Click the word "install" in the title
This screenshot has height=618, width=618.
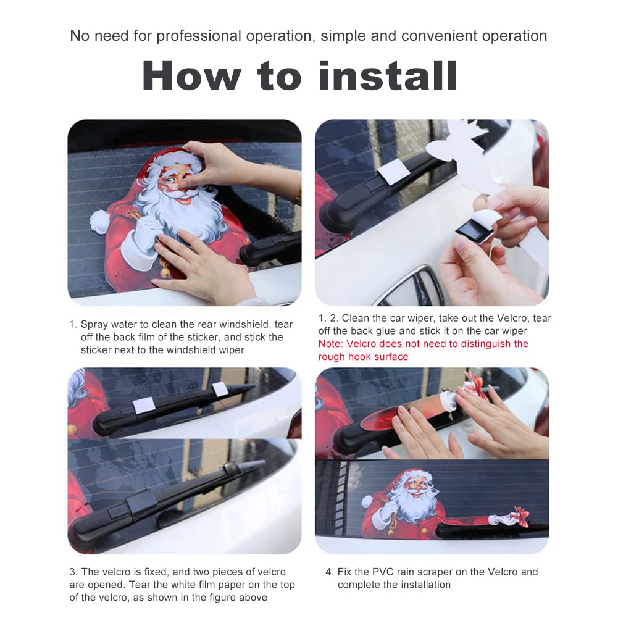click(x=388, y=76)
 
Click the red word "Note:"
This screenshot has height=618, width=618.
click(x=331, y=344)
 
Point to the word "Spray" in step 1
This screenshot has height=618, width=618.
click(x=94, y=325)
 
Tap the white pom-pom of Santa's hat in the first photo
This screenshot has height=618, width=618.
click(x=99, y=221)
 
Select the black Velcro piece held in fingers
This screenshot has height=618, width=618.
click(x=472, y=233)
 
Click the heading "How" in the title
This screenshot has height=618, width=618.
click(x=192, y=76)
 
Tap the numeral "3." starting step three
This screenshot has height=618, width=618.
click(x=73, y=572)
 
